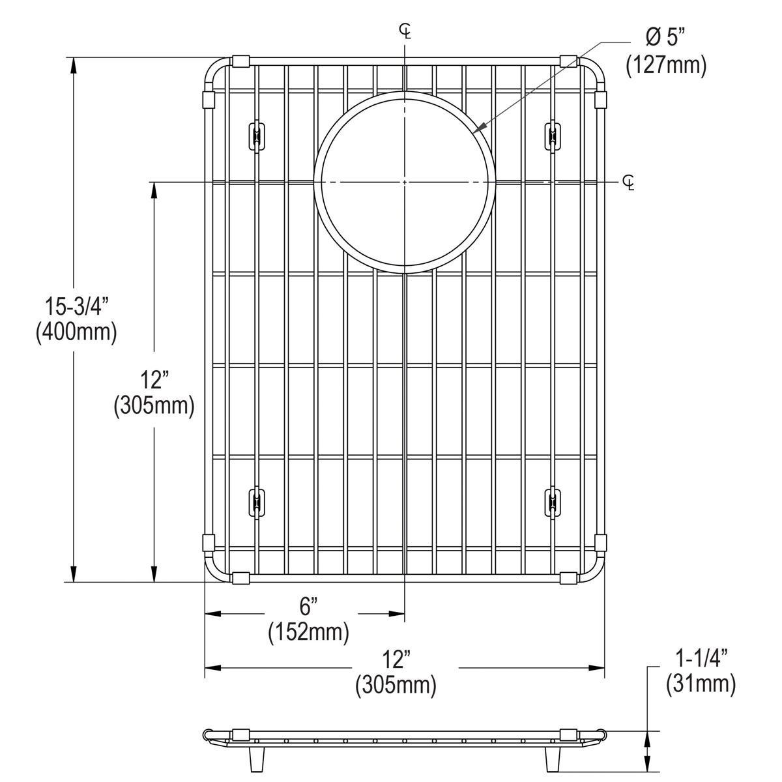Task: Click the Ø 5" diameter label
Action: [667, 38]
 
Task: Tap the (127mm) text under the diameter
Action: [666, 66]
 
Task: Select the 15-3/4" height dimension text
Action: [76, 304]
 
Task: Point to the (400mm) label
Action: [76, 332]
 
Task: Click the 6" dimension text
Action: [308, 606]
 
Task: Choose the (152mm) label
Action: [308, 631]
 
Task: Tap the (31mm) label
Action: [701, 684]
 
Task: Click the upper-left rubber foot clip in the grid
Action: [256, 136]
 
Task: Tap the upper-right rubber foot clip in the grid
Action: [553, 136]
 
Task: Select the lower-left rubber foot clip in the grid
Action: [256, 502]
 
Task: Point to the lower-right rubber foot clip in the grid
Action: [553, 502]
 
